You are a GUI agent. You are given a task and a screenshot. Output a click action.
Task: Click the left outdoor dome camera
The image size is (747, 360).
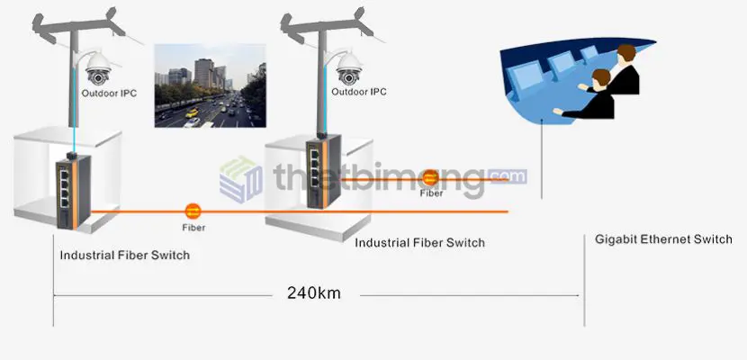point(99,68)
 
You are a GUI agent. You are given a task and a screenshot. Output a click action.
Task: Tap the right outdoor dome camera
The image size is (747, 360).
point(349,68)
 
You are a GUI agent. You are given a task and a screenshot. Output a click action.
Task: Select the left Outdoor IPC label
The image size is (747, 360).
point(109,94)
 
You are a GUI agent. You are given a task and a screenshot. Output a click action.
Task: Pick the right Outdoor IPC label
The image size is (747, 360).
point(359,92)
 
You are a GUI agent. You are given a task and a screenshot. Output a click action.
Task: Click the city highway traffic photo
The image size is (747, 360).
point(210,85)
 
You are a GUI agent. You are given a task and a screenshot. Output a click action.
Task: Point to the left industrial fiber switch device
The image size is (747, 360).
point(74,191)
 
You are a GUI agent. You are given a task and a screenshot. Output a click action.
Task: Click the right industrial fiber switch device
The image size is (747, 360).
point(323,171)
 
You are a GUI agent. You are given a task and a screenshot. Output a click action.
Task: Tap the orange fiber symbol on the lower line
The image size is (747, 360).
point(193,211)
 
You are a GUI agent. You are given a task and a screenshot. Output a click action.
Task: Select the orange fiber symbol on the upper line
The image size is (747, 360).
point(430,178)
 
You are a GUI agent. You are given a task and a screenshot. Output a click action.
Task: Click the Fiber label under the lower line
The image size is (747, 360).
point(193,228)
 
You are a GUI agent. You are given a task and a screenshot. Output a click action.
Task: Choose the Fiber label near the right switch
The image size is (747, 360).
point(431,193)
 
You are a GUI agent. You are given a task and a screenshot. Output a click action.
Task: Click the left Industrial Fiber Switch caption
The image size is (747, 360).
point(125,256)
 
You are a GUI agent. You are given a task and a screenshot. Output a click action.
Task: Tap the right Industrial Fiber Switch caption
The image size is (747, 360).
point(419,243)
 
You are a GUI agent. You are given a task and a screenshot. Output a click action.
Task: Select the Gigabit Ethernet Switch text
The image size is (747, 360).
point(663,239)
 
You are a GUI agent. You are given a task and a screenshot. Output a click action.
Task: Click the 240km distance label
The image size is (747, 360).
point(314,292)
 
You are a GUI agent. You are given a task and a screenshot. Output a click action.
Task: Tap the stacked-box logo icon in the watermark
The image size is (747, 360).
point(240,180)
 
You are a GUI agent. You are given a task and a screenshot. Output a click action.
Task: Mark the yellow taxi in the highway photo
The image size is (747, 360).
point(192,113)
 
